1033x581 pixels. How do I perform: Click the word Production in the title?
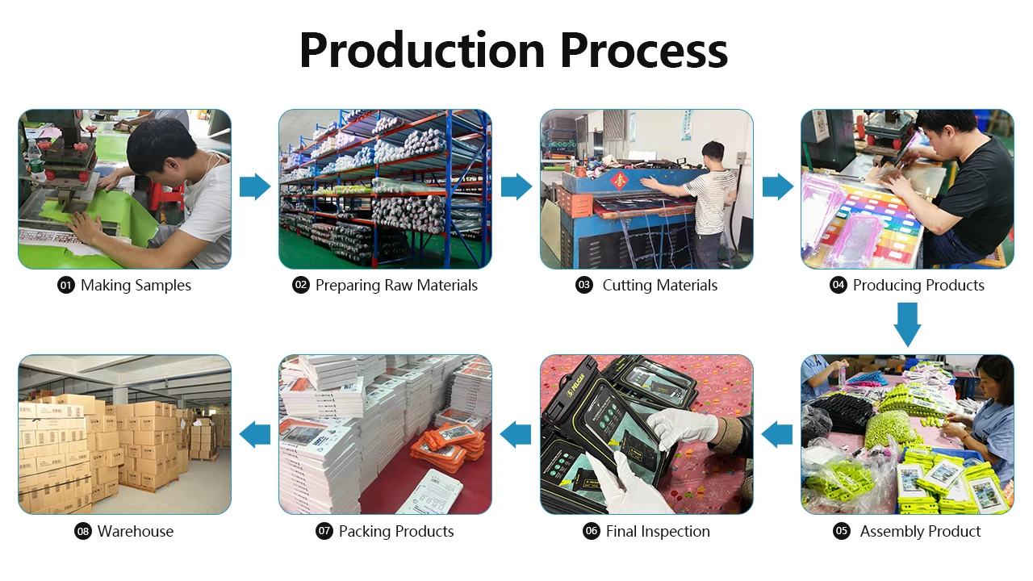pyautogui.click(x=422, y=50)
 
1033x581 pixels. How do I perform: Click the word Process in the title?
pyautogui.click(x=644, y=50)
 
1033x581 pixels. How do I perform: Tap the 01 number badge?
pyautogui.click(x=66, y=286)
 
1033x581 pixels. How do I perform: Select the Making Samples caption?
pyautogui.click(x=136, y=286)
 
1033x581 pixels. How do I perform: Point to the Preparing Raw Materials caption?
pyautogui.click(x=396, y=286)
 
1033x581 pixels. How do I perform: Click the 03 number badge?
pyautogui.click(x=583, y=286)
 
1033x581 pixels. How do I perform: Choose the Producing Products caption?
pyautogui.click(x=918, y=286)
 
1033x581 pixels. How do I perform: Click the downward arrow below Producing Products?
pyautogui.click(x=907, y=324)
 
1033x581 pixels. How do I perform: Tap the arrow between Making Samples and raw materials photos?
pyautogui.click(x=255, y=187)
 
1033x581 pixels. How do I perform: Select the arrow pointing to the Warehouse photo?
pyautogui.click(x=255, y=433)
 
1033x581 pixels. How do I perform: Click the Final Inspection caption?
pyautogui.click(x=658, y=532)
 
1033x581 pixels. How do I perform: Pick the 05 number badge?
pyautogui.click(x=842, y=532)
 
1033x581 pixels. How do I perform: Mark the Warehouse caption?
pyautogui.click(x=135, y=532)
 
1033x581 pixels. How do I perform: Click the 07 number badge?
pyautogui.click(x=324, y=532)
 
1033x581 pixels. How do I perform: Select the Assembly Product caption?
pyautogui.click(x=920, y=532)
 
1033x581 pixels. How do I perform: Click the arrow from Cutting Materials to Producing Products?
pyautogui.click(x=777, y=187)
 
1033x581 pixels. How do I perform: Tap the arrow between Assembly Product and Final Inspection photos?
pyautogui.click(x=777, y=433)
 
